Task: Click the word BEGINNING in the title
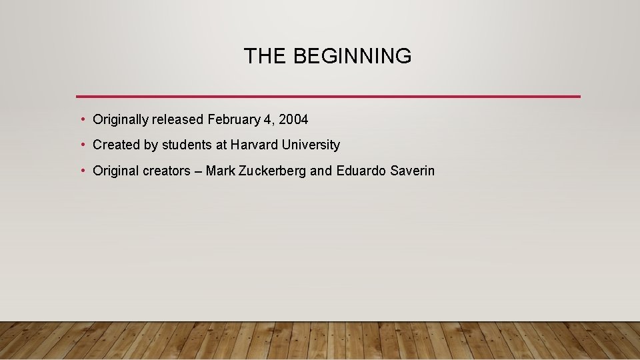(352, 57)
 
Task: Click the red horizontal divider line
(328, 96)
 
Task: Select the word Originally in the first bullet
(121, 120)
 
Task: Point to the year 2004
(293, 120)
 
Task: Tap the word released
(178, 120)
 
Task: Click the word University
(311, 145)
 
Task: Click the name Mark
(220, 171)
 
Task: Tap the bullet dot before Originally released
(82, 120)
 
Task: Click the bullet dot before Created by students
(82, 145)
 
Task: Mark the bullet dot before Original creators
(82, 171)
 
